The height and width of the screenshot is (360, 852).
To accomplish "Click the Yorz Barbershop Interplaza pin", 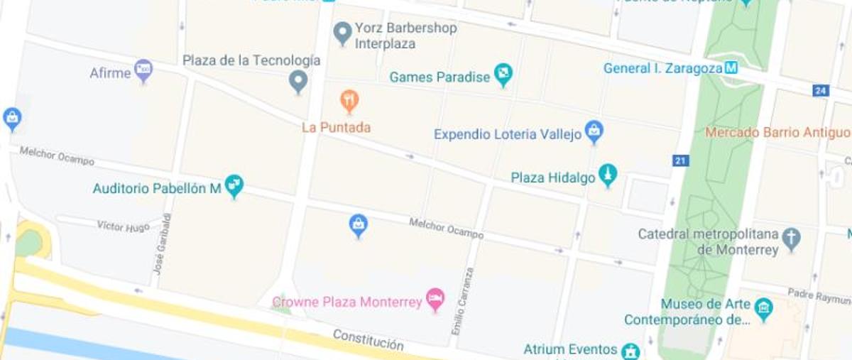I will click(343, 32).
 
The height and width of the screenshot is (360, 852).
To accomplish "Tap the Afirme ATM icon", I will click(143, 70).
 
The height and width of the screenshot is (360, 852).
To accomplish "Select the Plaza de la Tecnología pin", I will click(299, 81).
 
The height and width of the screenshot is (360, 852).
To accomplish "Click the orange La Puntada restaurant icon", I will click(349, 101).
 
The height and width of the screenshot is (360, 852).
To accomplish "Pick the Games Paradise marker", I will click(503, 75).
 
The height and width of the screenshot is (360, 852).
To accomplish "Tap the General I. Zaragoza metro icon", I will click(731, 69).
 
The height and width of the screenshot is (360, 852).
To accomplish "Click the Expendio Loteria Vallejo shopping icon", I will click(594, 131).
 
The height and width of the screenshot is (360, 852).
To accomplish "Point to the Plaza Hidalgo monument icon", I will click(607, 175).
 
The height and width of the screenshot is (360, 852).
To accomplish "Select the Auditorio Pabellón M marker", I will click(234, 186).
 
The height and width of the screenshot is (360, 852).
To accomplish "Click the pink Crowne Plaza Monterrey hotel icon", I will click(435, 299).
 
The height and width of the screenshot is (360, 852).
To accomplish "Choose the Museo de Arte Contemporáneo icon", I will click(764, 310).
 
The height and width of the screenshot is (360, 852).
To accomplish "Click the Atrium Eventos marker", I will click(630, 351).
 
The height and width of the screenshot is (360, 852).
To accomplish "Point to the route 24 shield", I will click(821, 91).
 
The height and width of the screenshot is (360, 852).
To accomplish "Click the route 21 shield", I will click(681, 161).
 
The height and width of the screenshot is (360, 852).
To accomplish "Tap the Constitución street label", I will click(368, 339).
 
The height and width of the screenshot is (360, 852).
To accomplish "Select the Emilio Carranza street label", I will click(461, 302).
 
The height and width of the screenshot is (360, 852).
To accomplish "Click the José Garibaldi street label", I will click(163, 244).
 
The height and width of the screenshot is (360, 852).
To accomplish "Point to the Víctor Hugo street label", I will click(124, 227).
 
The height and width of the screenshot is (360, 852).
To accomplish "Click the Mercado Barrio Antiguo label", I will click(777, 133).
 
